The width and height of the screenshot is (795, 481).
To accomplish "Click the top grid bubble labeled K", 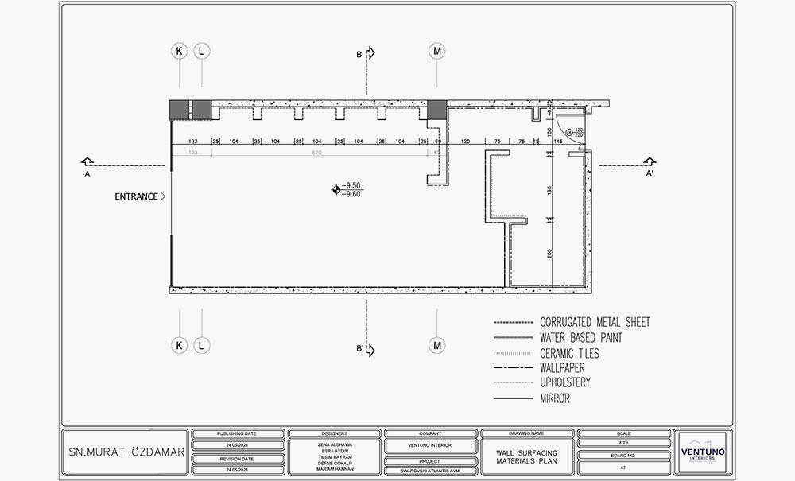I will tap(180, 51).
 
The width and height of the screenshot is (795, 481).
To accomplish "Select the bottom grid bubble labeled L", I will tap(202, 345).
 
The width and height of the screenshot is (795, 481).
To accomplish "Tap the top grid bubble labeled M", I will tap(437, 51).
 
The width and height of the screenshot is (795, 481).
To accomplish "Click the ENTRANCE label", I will tap(136, 196).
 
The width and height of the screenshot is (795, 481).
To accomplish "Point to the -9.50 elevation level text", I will tap(351, 185).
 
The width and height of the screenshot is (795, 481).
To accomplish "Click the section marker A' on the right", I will tap(650, 173).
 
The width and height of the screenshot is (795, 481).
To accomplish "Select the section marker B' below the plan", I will tap(360, 349).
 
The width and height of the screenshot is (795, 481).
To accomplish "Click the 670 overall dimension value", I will tap(316, 151).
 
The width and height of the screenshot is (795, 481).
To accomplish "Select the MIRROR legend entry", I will tap(555, 399).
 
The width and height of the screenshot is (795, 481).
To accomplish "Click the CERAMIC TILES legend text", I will tap(569, 353).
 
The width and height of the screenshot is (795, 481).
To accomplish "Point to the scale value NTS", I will tap(623, 445).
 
